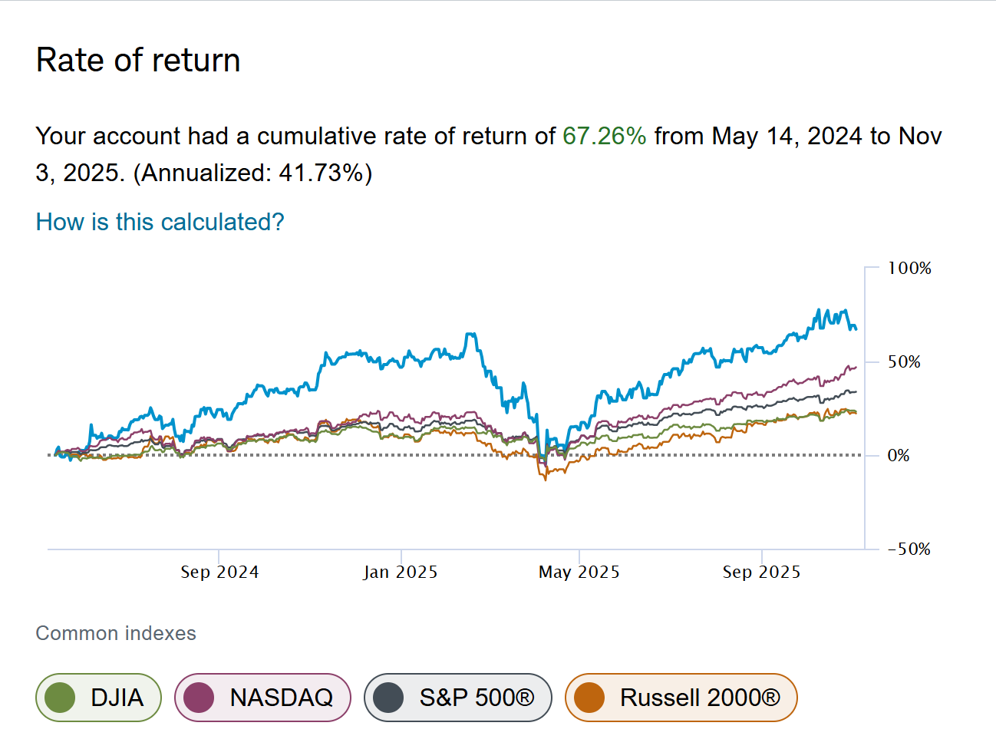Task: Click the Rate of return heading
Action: [138, 61]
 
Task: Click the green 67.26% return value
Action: [604, 136]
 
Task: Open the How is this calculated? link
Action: [160, 222]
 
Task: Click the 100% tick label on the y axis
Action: [909, 268]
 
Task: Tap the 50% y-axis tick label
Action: [904, 361]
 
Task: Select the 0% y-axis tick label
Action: [898, 455]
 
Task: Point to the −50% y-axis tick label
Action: [909, 549]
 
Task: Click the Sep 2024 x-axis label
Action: [219, 572]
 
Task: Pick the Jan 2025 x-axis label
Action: [400, 572]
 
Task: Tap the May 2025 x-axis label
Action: [579, 572]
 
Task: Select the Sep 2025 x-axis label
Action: [761, 572]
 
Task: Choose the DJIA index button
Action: [98, 698]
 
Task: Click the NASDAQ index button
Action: [262, 698]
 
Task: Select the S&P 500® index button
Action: [457, 698]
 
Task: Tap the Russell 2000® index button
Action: [681, 698]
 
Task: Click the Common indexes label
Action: [116, 633]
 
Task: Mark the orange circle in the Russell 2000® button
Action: [589, 698]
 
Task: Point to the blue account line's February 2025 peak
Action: [470, 334]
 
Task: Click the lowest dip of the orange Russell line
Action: [546, 479]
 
